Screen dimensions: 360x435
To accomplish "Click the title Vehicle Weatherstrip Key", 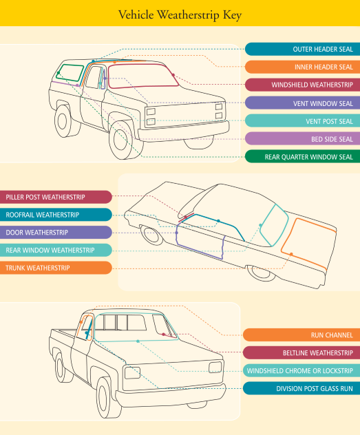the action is pyautogui.click(x=180, y=15).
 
